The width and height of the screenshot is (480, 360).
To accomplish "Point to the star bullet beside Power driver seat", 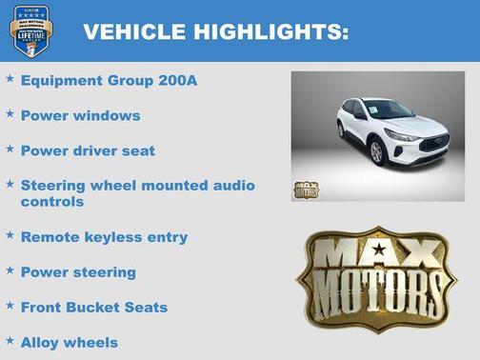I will coord(10,150).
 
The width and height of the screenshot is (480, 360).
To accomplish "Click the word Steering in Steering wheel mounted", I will coord(52,185).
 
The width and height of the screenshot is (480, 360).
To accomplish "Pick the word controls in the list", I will coord(52,202).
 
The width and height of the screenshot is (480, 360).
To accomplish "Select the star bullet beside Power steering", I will coord(10,270).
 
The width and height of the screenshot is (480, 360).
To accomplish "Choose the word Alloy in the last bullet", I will coord(41,342).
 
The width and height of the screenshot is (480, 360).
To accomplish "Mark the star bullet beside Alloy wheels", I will coord(10,340).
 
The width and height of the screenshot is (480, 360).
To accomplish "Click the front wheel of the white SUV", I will coord(376,152).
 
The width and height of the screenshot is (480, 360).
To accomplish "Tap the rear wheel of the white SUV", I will coord(340,130).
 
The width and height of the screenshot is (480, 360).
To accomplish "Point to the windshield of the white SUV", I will coord(388,110).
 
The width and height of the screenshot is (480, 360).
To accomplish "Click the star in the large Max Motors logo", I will coord(379,250).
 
